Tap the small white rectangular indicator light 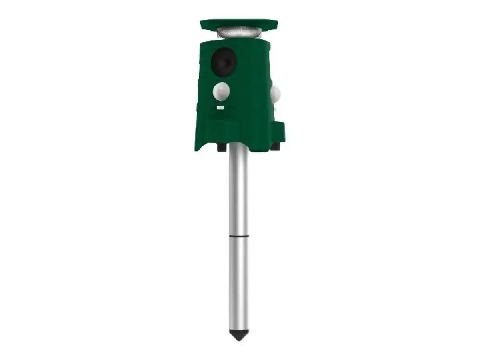click(220, 108)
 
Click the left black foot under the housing click(220, 148)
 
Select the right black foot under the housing click(275, 148)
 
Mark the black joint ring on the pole click(238, 237)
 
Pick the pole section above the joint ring click(238, 192)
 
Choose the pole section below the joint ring click(238, 284)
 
